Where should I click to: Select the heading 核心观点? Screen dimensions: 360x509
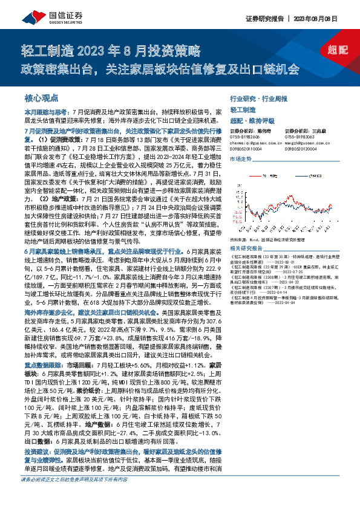[x=41, y=97]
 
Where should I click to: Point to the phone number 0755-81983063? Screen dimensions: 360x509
[x=295, y=136]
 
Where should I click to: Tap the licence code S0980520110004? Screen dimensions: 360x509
[x=247, y=147]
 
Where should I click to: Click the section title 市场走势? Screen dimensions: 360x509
[x=241, y=158]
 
